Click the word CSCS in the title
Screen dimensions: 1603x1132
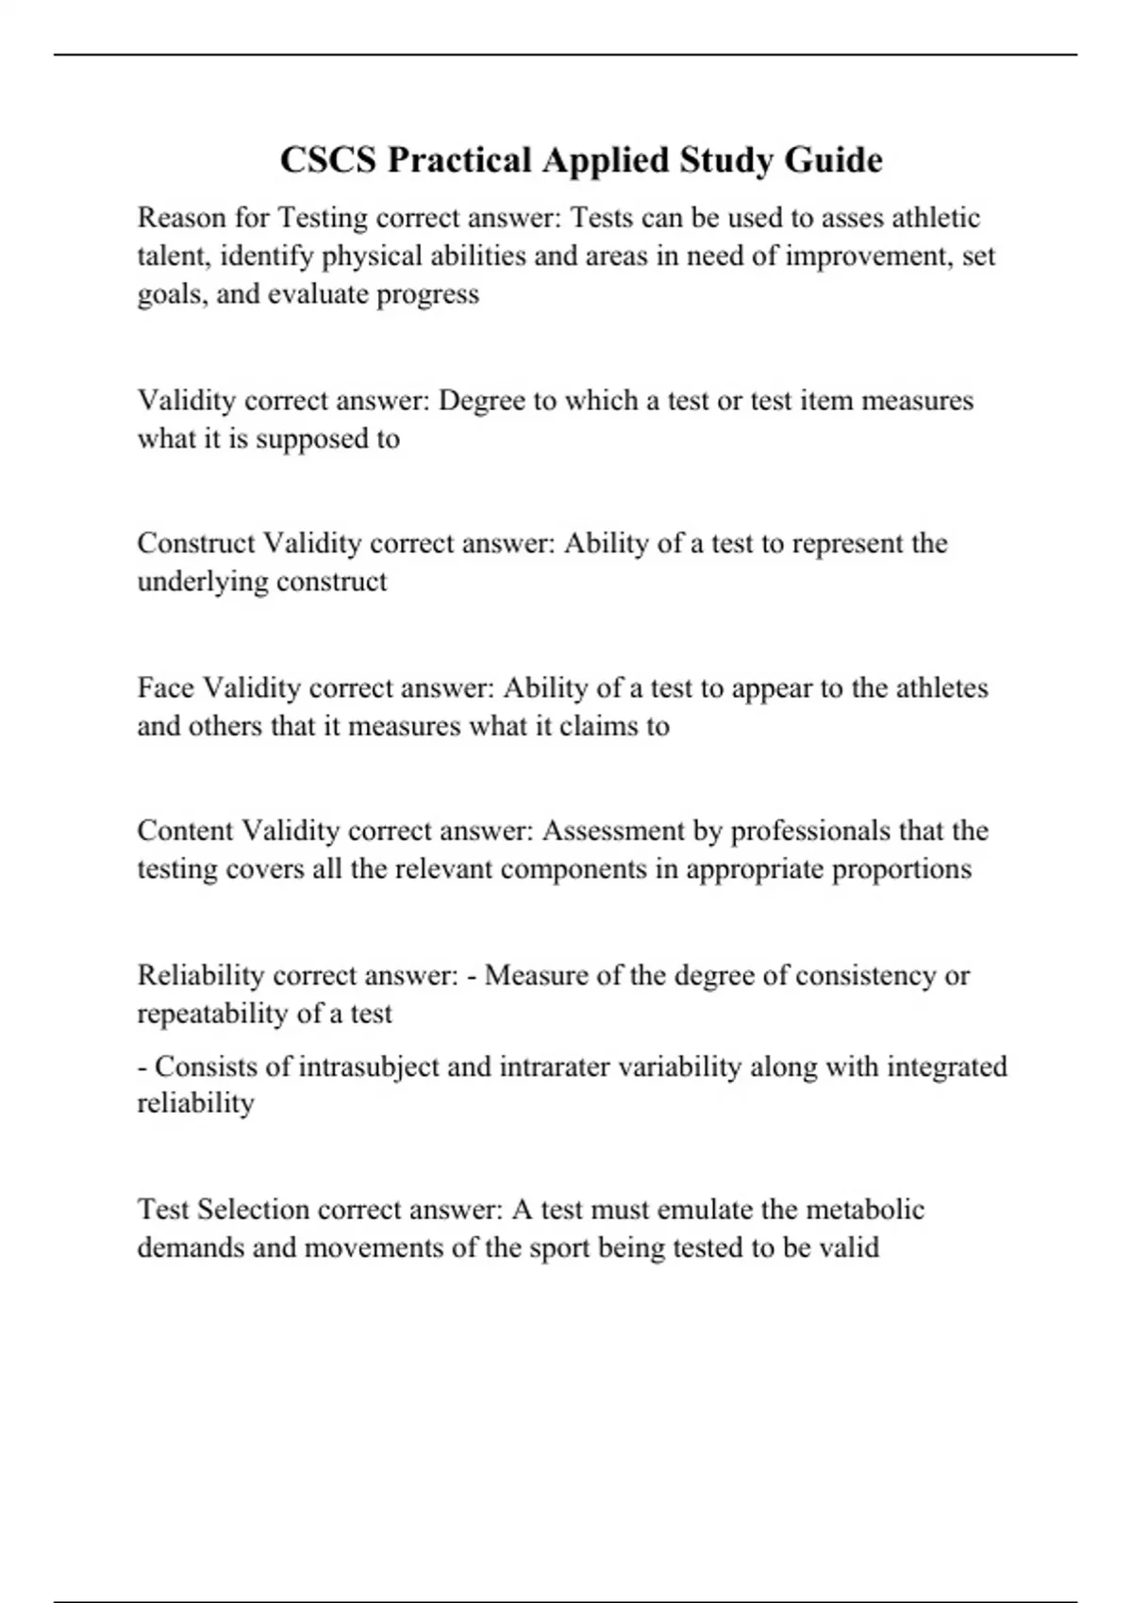point(327,160)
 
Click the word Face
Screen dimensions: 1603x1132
point(165,688)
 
